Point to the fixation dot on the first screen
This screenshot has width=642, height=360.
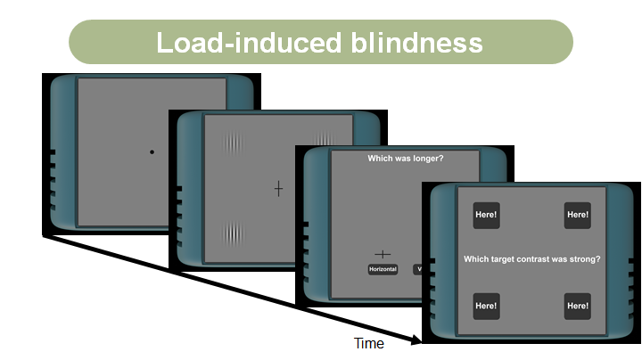[152, 152]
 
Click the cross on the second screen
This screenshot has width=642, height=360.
[278, 189]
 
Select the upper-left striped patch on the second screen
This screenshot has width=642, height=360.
[233, 143]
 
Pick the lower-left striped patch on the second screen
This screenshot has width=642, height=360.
[233, 233]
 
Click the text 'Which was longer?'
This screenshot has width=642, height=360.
[406, 159]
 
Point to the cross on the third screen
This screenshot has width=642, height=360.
[383, 254]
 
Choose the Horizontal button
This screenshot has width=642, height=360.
[383, 269]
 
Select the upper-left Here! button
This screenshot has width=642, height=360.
[486, 215]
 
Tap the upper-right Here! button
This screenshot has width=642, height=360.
[577, 215]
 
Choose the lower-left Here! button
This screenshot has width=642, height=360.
[486, 306]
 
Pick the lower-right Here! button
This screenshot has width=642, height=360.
[577, 306]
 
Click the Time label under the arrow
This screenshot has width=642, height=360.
[368, 343]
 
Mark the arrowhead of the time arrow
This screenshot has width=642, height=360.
[415, 340]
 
